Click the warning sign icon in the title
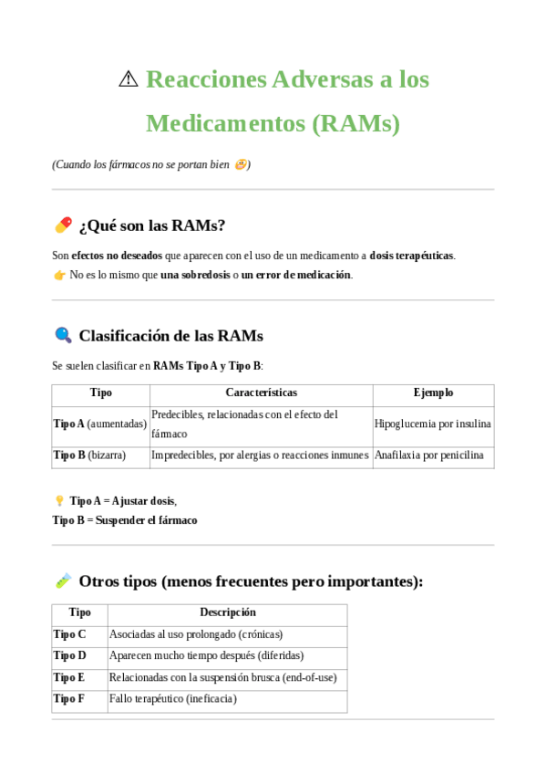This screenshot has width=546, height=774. click(x=129, y=79)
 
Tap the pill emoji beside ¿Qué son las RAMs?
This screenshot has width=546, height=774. click(x=63, y=225)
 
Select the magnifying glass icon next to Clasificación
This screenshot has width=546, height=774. click(x=63, y=335)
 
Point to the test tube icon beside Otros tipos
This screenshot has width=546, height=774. click(x=63, y=580)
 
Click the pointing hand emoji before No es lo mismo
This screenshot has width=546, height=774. click(x=59, y=275)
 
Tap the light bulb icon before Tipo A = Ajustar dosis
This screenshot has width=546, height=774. click(x=59, y=500)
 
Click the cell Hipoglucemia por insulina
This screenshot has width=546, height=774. click(x=433, y=424)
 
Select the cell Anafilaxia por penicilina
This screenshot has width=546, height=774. click(x=428, y=455)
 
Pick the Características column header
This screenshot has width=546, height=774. click(x=261, y=392)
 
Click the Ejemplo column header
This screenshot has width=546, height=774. click(x=433, y=392)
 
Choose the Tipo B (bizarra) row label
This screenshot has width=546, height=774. click(x=89, y=455)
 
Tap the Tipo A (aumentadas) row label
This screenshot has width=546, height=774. click(x=99, y=424)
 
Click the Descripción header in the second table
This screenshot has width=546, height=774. click(x=227, y=612)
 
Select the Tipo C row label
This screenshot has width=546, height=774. click(x=70, y=633)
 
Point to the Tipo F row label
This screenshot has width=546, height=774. click(x=70, y=698)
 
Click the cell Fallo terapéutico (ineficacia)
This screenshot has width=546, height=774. click(x=172, y=698)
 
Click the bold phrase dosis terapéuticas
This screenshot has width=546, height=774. click(x=411, y=256)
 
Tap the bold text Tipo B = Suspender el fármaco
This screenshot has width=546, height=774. click(x=124, y=520)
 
